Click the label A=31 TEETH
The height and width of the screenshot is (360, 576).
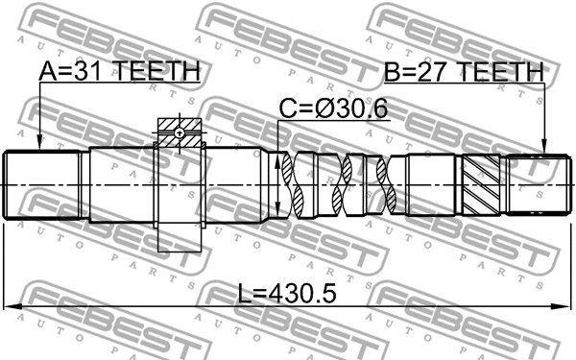pos(119,71)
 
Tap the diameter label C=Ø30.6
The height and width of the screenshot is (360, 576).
pos(333,110)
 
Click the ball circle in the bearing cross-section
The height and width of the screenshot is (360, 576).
pos(179,133)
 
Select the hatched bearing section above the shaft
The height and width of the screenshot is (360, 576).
pos(179,128)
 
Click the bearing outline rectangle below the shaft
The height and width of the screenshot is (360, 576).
pos(179,237)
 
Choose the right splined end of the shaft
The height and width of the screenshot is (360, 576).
pos(533,184)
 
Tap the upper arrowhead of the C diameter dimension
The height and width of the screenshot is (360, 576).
pos(278,156)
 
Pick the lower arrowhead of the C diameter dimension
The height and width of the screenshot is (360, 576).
pos(278,215)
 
